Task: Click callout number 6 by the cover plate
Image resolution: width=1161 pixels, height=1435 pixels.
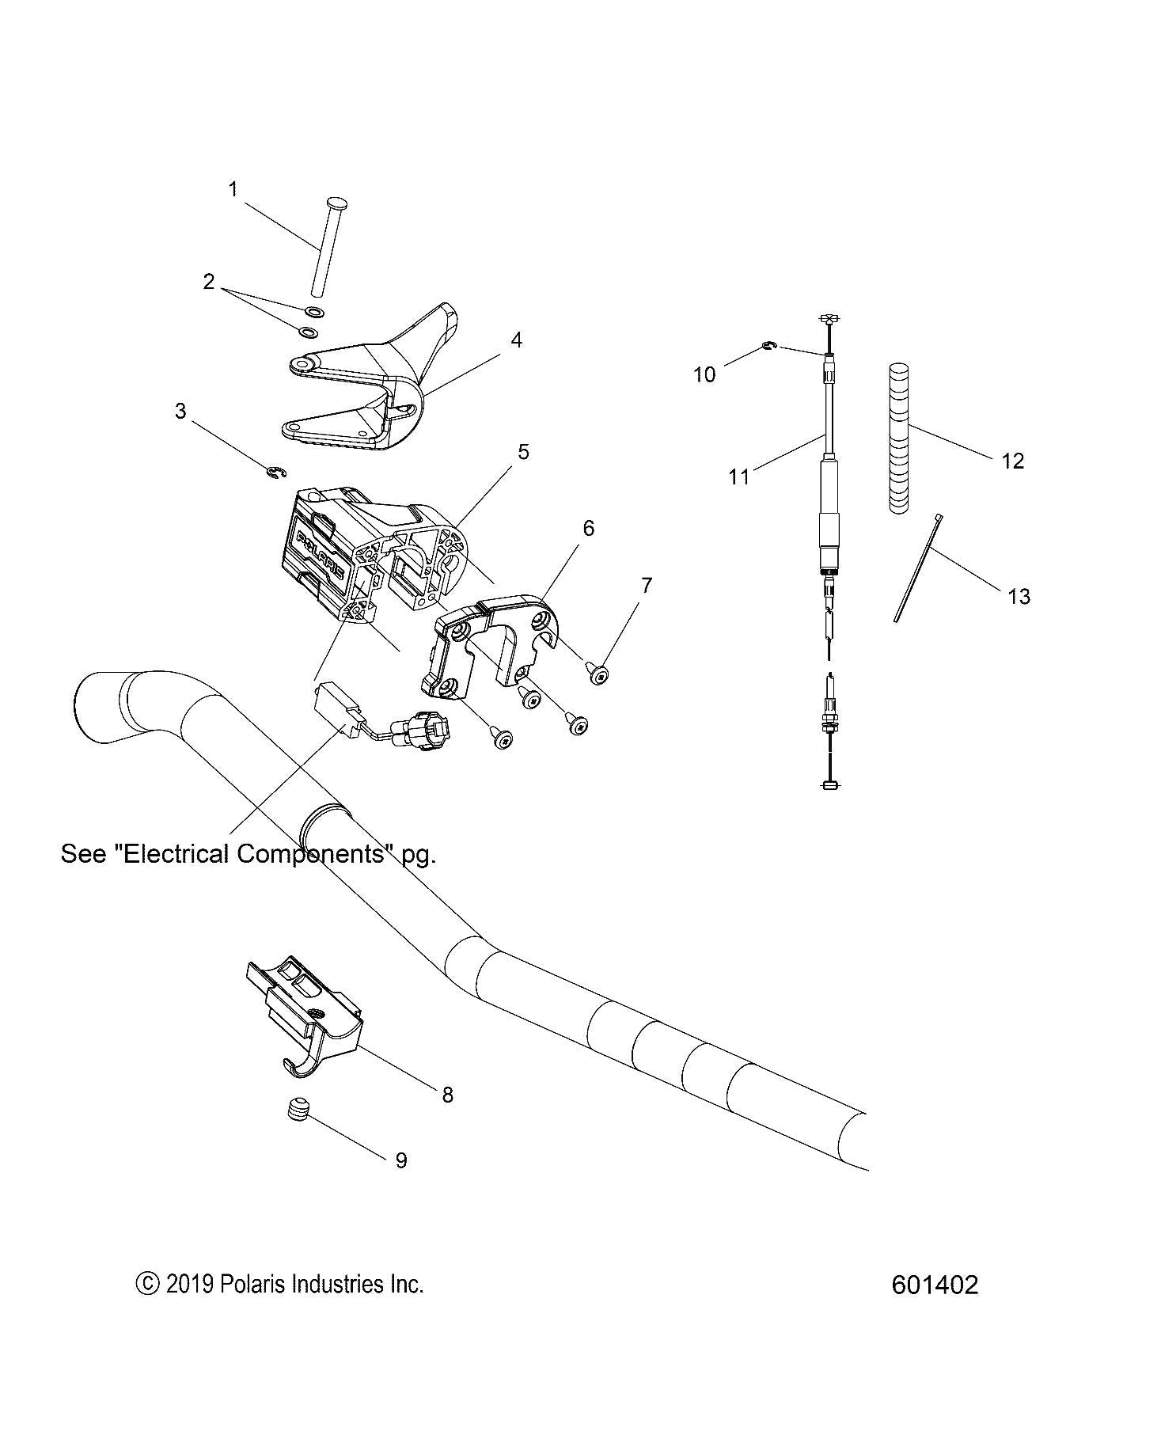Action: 588,528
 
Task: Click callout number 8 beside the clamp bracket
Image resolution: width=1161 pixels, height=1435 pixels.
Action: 447,1095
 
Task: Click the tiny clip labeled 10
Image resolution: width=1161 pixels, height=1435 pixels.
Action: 768,344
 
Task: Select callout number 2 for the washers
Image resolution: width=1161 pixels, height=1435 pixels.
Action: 209,281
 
